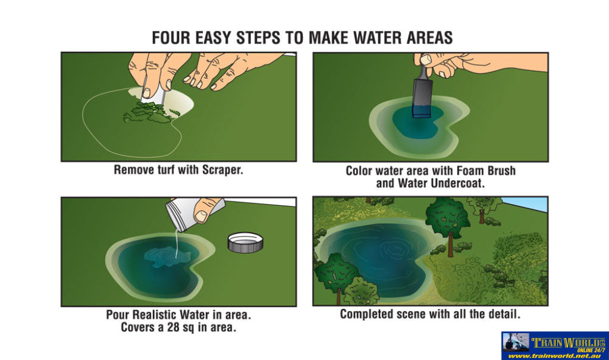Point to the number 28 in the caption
click(x=173, y=327)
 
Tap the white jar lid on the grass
click(x=245, y=243)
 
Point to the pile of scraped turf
click(x=149, y=112)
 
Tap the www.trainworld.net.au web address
click(x=554, y=356)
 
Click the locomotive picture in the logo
click(x=516, y=343)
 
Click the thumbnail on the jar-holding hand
click(x=201, y=216)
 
